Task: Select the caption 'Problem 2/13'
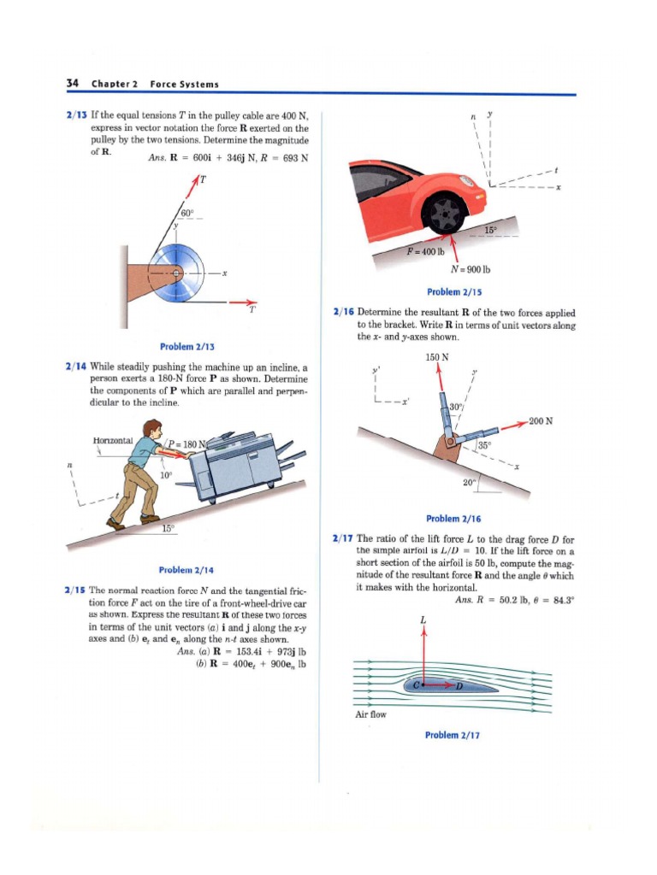[x=186, y=346]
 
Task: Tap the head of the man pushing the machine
[x=152, y=428]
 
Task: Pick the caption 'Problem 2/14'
[x=186, y=569]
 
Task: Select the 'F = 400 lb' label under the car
[x=426, y=251]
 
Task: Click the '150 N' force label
[x=437, y=356]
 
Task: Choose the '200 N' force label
[x=540, y=420]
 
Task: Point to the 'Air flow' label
[x=370, y=714]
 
